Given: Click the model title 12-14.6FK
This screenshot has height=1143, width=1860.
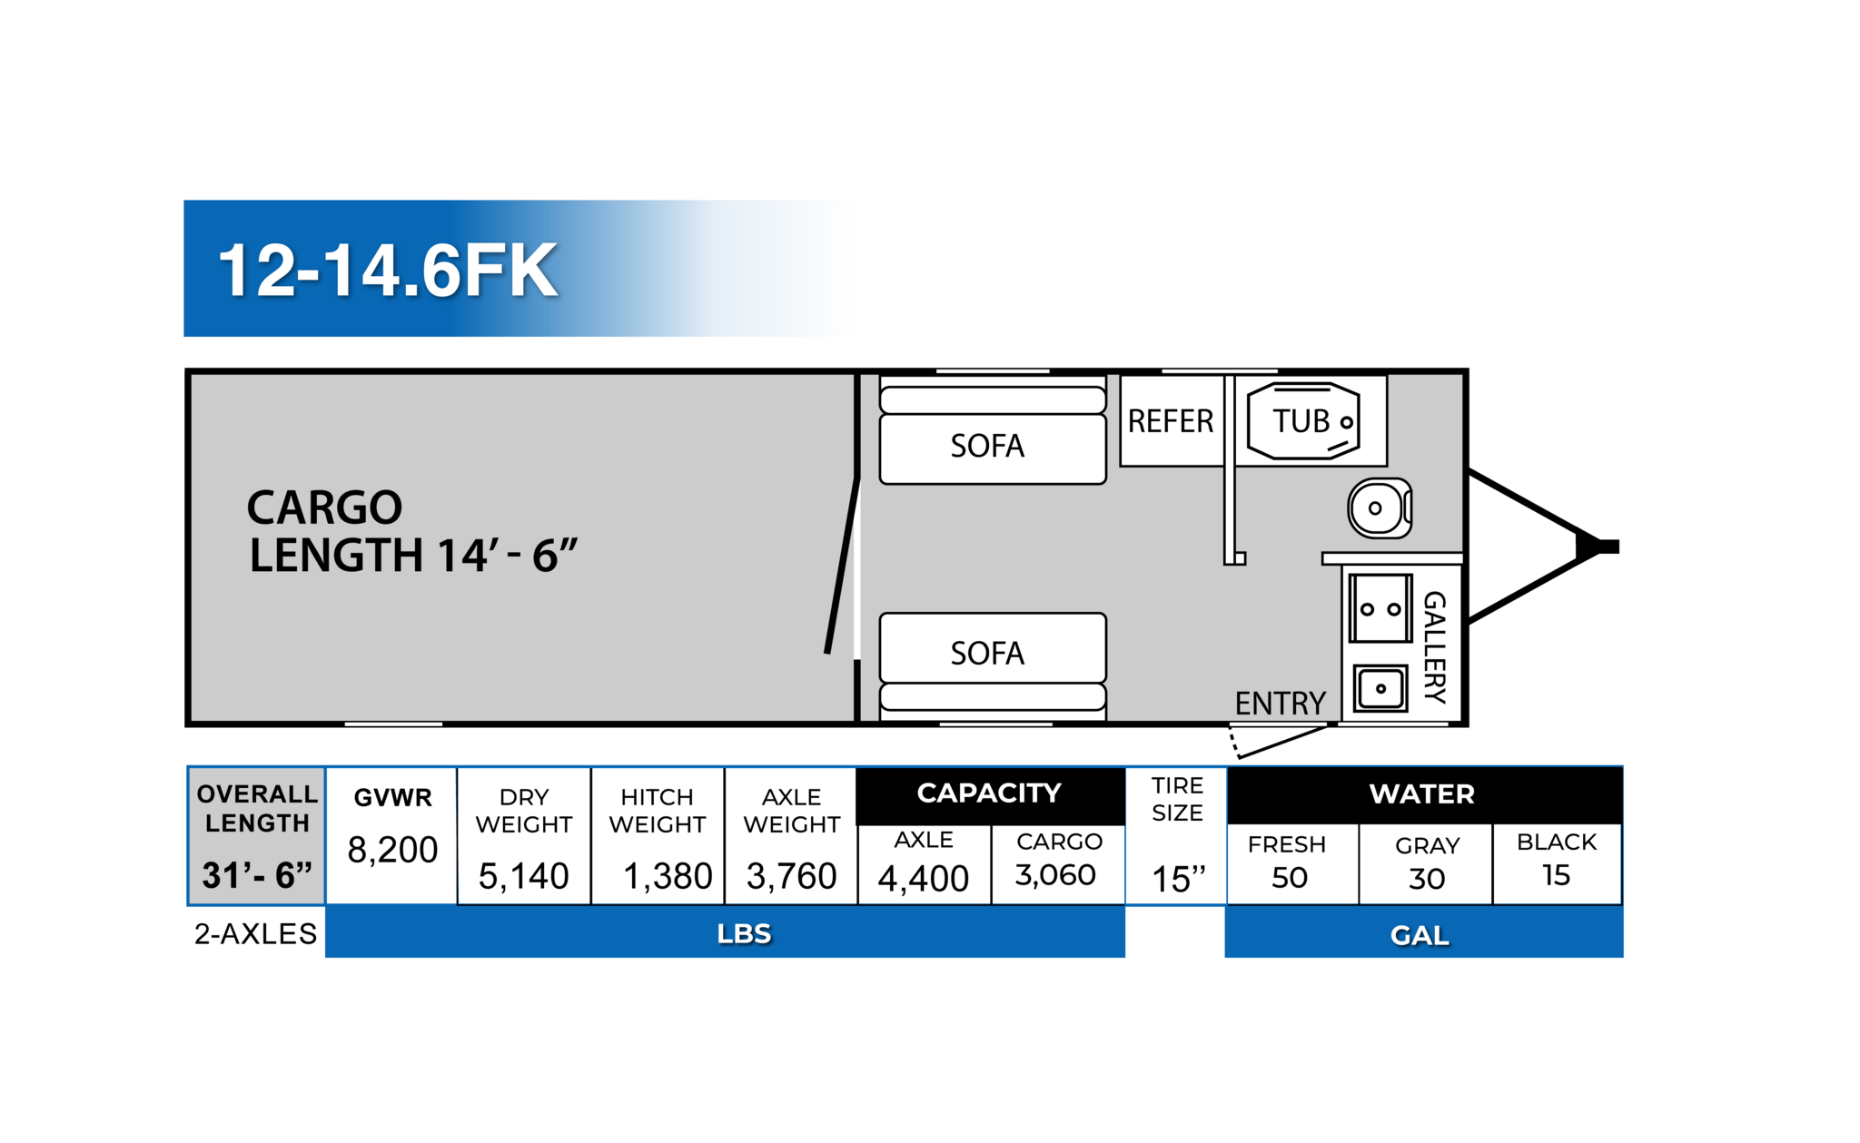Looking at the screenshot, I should (x=388, y=271).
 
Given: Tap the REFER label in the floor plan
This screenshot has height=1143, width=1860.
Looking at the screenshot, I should (x=1170, y=421).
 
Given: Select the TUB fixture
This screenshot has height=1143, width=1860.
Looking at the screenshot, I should (x=1303, y=421).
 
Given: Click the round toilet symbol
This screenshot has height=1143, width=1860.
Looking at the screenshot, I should (x=1378, y=508).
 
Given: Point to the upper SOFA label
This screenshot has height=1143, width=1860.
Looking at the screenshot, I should (x=987, y=446).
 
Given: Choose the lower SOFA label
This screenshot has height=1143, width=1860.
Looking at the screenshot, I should (x=987, y=653).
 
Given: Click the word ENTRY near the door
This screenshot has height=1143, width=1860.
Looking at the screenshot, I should (x=1280, y=704).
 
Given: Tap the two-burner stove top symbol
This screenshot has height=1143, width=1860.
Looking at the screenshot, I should (x=1380, y=608).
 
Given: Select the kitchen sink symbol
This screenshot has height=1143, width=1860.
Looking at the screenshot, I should (x=1380, y=688).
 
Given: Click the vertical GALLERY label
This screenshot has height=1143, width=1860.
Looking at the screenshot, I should (x=1434, y=646).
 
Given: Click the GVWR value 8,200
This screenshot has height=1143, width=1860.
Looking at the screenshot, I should (x=392, y=850).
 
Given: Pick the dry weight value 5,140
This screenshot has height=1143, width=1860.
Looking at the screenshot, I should (x=523, y=876).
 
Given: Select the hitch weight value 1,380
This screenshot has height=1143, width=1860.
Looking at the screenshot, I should (x=668, y=876).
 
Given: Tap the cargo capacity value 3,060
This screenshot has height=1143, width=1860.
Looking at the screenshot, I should (x=1055, y=875).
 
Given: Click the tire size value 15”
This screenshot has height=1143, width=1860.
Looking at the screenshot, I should (x=1178, y=879).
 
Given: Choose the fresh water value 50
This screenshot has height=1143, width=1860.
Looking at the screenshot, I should (x=1289, y=878).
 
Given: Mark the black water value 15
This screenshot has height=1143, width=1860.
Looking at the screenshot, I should (x=1556, y=875).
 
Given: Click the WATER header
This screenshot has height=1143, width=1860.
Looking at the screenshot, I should (x=1421, y=794).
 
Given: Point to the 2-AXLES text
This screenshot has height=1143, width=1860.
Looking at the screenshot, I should (x=255, y=933).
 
